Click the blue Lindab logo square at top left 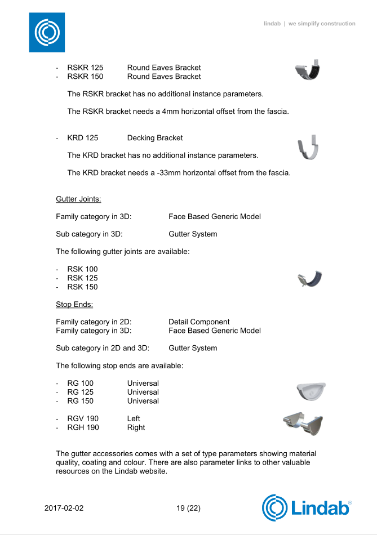(47, 33)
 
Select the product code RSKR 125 (85, 68)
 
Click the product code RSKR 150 (85, 77)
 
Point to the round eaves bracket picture (309, 70)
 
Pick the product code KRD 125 (83, 138)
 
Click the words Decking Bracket (155, 138)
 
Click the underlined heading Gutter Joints (78, 199)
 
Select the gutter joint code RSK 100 (82, 269)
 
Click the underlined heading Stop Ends (74, 305)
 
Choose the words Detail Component (199, 322)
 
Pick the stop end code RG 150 (81, 401)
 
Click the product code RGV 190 (83, 418)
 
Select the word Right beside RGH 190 (136, 427)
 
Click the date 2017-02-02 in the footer (64, 508)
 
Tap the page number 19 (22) (188, 508)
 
